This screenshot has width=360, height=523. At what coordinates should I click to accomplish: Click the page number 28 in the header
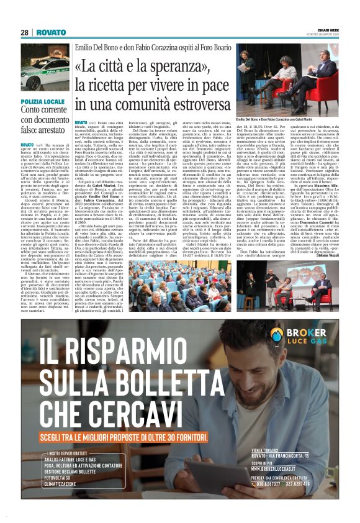tap(24, 32)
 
